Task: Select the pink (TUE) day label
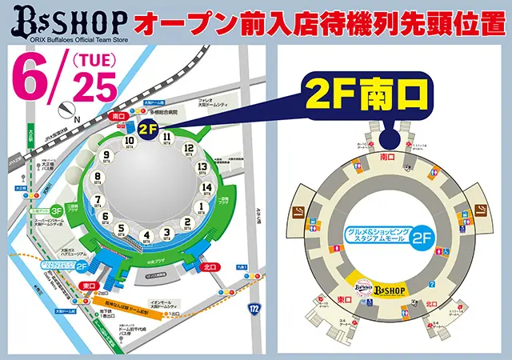pyautogui.click(x=94, y=60)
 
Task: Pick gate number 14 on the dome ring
pyautogui.click(x=207, y=189)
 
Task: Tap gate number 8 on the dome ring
pyautogui.click(x=98, y=178)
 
